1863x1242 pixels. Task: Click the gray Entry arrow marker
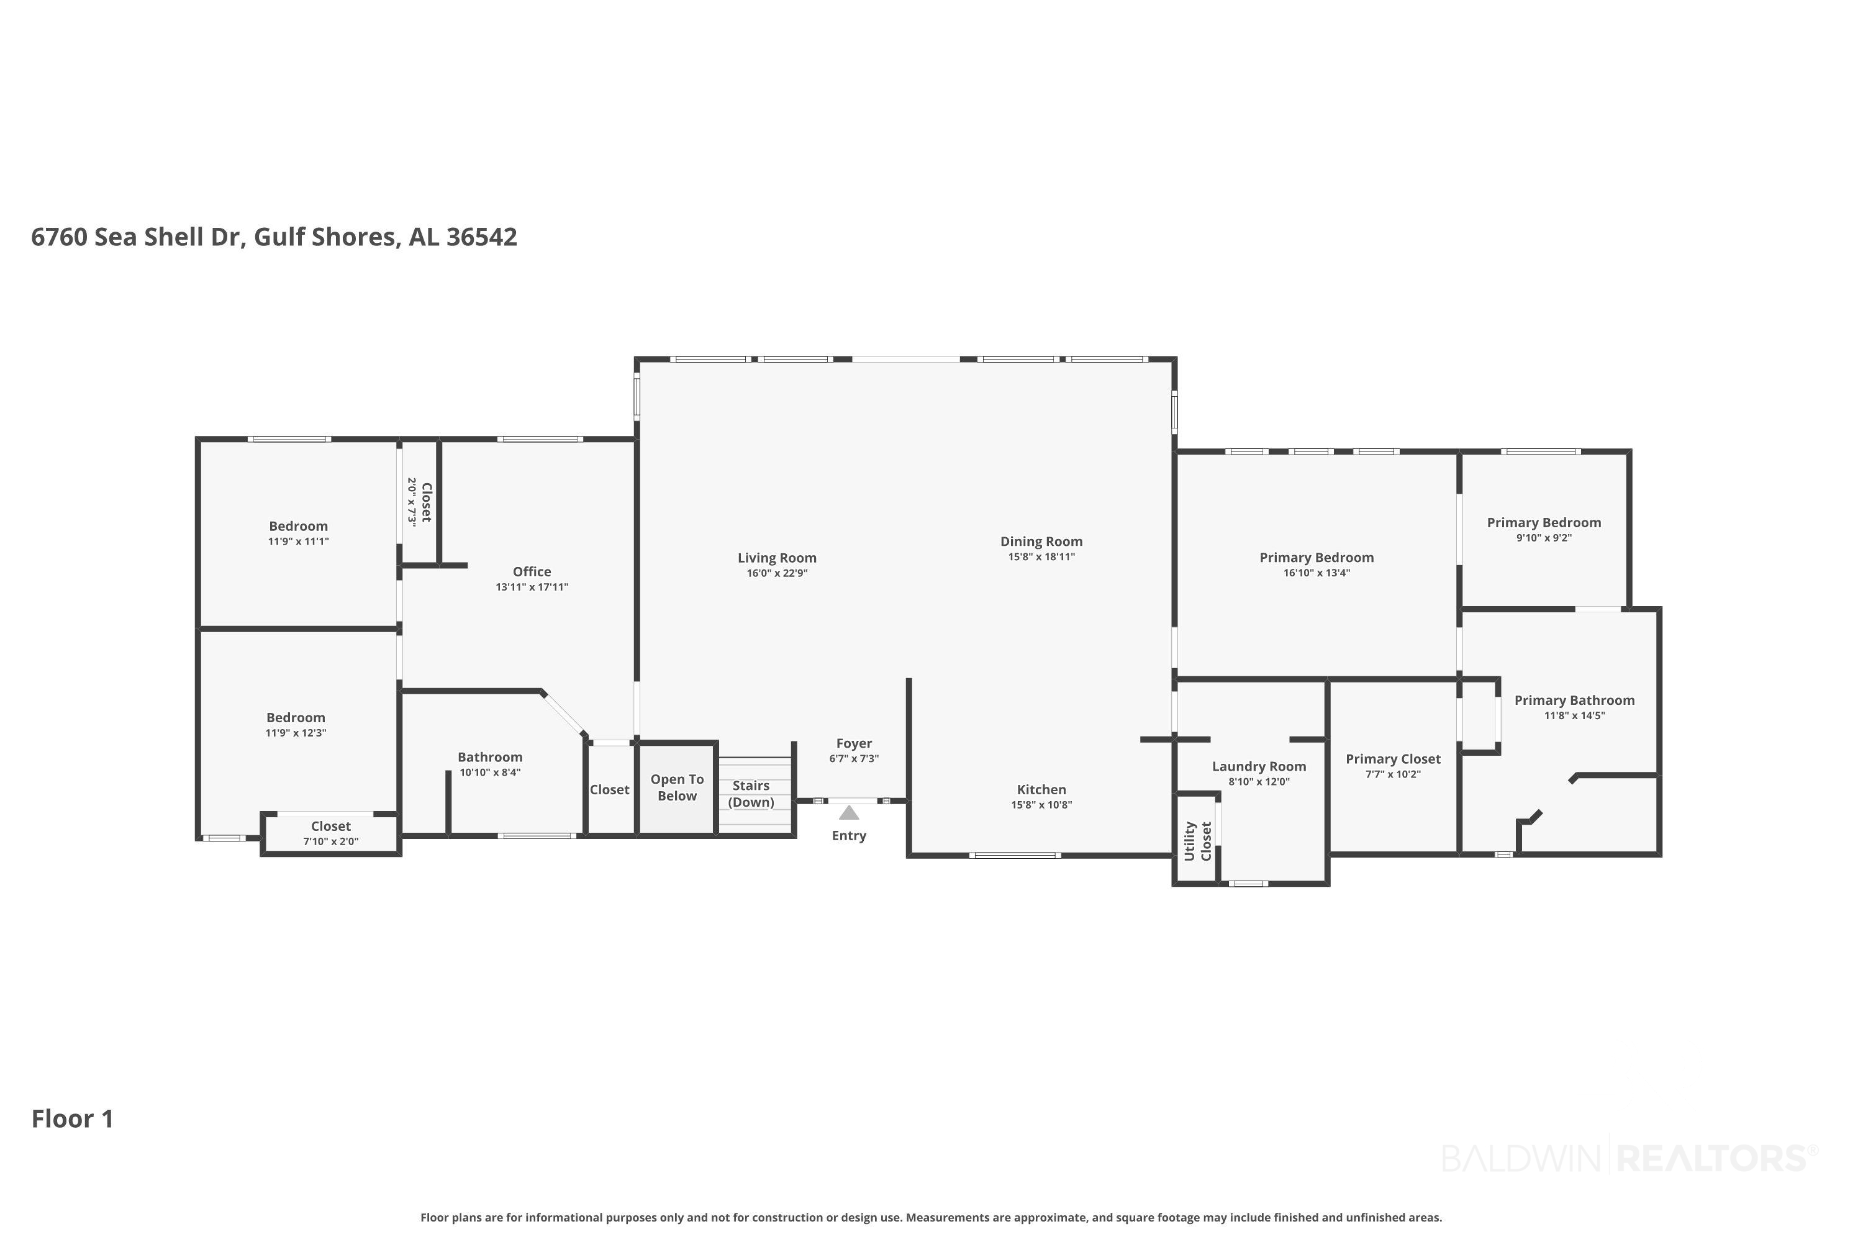849,813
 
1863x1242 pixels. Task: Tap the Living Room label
777,558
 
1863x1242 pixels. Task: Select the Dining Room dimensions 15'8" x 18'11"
1041,557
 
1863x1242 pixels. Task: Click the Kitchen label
1041,790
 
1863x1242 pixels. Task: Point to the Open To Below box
678,788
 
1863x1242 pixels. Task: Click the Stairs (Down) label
751,794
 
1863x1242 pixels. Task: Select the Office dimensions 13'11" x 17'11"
532,587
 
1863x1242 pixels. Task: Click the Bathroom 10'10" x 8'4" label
491,764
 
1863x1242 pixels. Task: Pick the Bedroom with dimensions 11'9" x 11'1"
299,533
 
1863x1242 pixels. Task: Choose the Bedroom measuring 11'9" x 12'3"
296,725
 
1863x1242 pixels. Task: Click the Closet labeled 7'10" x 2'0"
331,833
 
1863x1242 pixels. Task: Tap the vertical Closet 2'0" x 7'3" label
419,502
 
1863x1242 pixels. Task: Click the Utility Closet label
1198,841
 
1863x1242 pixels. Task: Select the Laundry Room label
1259,767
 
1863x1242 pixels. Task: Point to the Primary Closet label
1394,759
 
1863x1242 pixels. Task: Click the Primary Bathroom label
1575,700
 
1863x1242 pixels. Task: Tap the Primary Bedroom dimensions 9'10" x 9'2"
1544,538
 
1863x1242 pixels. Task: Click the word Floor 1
73,1119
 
